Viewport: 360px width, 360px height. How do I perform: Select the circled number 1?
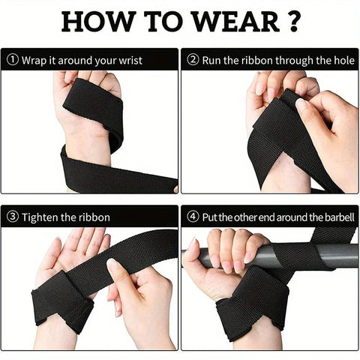pos(11,59)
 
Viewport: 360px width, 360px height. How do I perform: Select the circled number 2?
pos(192,59)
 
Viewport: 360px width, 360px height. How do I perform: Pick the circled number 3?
pos(11,217)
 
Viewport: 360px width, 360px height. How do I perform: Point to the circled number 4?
pos(192,217)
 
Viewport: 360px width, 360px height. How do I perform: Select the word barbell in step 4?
pos(334,217)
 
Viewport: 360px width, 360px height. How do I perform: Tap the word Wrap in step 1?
pos(34,59)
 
